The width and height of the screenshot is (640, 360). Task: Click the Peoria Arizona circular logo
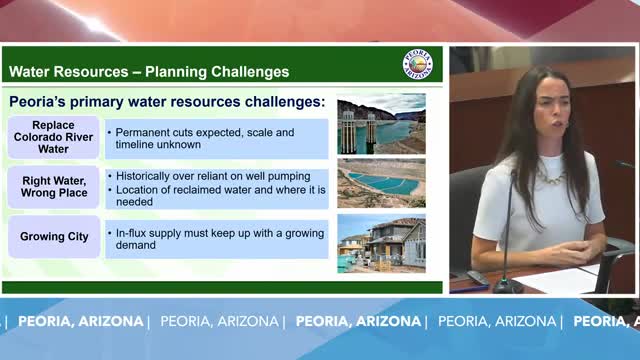pos(417,65)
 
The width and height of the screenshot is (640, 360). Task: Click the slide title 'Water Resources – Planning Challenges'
pos(149,72)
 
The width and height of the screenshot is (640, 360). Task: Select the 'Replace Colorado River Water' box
pos(53,138)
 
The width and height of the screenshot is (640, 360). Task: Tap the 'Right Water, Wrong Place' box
pos(53,187)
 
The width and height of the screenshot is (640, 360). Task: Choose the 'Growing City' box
pos(53,237)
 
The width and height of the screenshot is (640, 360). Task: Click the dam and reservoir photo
pos(381,124)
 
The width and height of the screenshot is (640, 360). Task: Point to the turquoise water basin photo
pos(381,183)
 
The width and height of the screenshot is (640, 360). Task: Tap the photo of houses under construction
pos(381,242)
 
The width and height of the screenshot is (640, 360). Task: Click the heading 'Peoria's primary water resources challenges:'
pos(167,102)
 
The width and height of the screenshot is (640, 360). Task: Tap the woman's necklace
pos(548,175)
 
